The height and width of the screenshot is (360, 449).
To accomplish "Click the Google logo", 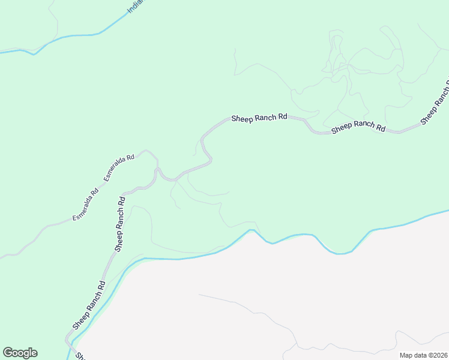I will pyautogui.click(x=20, y=353).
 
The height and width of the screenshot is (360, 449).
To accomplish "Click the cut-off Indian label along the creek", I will pyautogui.click(x=137, y=7).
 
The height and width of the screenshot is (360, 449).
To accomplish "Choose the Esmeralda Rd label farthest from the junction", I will pyautogui.click(x=85, y=205).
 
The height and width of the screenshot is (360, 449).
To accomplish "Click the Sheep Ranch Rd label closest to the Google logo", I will pyautogui.click(x=89, y=305).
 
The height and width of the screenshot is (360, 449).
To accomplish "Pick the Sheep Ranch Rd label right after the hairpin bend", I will pyautogui.click(x=259, y=118).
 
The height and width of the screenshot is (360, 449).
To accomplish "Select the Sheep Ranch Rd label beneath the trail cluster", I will pyautogui.click(x=358, y=127).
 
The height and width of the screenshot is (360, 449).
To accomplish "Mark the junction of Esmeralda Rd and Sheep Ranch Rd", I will pyautogui.click(x=157, y=169).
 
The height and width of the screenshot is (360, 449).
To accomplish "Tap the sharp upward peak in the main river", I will pyautogui.click(x=252, y=230).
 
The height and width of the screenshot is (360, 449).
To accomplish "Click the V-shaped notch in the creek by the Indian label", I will pyautogui.click(x=34, y=55).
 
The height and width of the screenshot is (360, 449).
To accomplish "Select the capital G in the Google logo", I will pyautogui.click(x=7, y=352).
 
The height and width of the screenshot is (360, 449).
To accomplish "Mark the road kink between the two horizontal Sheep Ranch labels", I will pyautogui.click(x=309, y=126).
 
